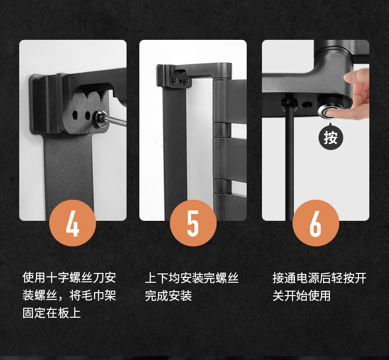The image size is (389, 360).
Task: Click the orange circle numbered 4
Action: [x=73, y=223]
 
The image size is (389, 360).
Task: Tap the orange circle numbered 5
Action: [x=193, y=223]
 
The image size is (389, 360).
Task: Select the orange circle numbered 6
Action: [x=316, y=223]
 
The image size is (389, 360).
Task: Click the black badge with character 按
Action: [x=330, y=137]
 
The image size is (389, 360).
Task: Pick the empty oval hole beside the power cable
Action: [x=307, y=104]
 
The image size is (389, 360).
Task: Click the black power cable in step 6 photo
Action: [x=289, y=161]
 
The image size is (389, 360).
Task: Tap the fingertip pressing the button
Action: [x=331, y=114]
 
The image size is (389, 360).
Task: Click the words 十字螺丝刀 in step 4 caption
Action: [x=69, y=277]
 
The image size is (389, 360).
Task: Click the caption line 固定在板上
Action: [x=52, y=313]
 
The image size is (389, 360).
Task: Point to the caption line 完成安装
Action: [x=168, y=296]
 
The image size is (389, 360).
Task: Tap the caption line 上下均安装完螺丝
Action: [x=192, y=278]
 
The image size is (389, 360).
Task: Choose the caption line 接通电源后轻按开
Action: [x=319, y=278]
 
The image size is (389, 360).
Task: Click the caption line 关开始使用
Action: [x=302, y=296]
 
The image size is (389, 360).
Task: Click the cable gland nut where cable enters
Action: [x=289, y=104]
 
